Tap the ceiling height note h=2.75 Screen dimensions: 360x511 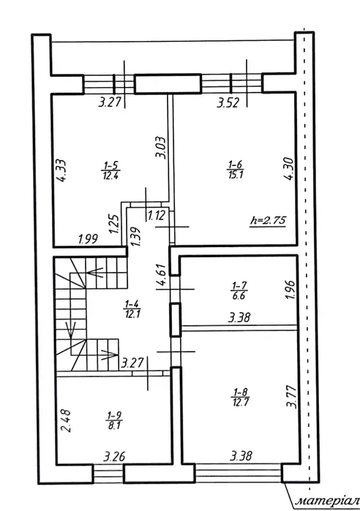click(268, 221)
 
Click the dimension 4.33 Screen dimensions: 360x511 click(61, 170)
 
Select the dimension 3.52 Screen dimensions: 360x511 click(228, 103)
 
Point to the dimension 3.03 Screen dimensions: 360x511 click(160, 148)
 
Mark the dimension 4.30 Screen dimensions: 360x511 click(289, 169)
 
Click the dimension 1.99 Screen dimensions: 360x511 click(88, 239)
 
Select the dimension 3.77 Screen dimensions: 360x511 click(291, 397)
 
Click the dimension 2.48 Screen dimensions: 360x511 click(66, 421)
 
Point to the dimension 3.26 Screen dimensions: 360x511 click(114, 456)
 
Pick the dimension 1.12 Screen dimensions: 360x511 click(157, 216)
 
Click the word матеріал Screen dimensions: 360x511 click(327, 500)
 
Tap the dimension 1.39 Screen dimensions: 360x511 click(135, 236)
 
